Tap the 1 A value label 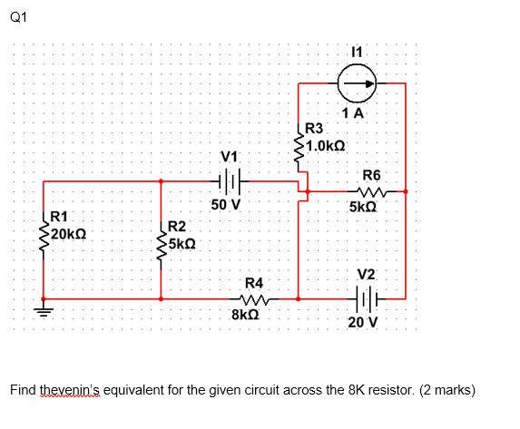coord(354,113)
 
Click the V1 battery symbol coord(231,181)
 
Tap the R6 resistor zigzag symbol coord(373,191)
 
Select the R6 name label coord(372,175)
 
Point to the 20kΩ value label coord(69,234)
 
